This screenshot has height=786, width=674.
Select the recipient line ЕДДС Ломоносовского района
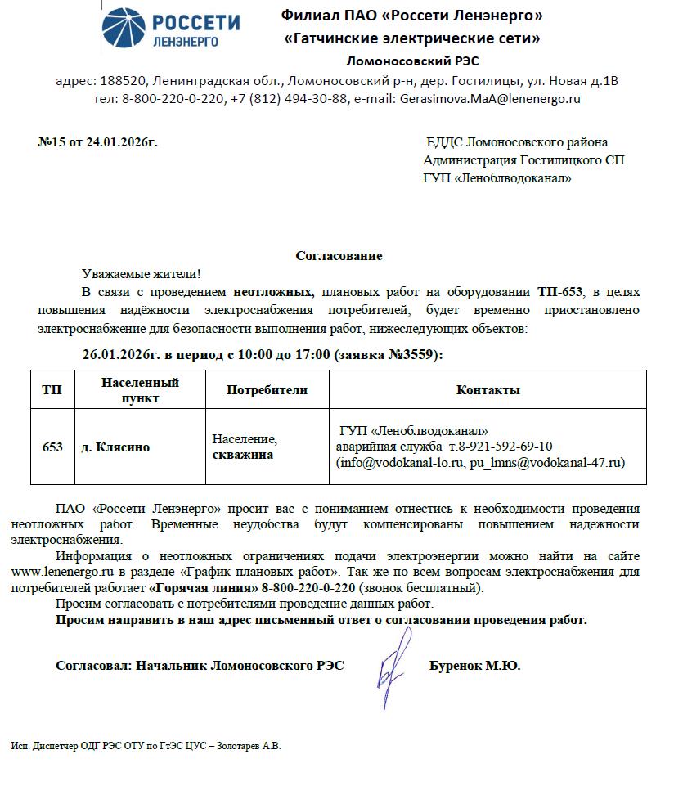pyautogui.click(x=517, y=142)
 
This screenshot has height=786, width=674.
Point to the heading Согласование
pyautogui.click(x=339, y=256)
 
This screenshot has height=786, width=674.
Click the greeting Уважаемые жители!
pyautogui.click(x=141, y=274)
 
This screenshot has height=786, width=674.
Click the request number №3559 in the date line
pyautogui.click(x=413, y=354)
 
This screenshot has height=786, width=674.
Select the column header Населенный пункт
pyautogui.click(x=140, y=390)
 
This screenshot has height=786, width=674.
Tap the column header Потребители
pyautogui.click(x=267, y=390)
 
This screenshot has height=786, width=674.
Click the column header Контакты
pyautogui.click(x=488, y=390)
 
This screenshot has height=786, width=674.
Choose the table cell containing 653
pyautogui.click(x=52, y=447)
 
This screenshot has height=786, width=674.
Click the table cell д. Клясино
pyautogui.click(x=115, y=447)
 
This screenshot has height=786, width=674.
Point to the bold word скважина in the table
pyautogui.click(x=243, y=455)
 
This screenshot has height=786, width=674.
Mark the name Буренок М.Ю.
pyautogui.click(x=474, y=666)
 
